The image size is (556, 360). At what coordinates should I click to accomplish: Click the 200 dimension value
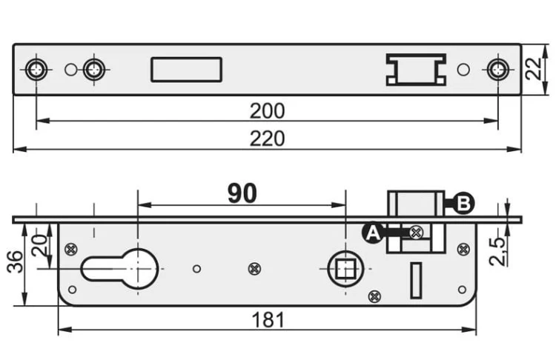267,111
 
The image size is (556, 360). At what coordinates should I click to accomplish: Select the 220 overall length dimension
267,139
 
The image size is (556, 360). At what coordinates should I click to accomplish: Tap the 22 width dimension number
534,68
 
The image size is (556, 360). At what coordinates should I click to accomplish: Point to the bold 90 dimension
242,193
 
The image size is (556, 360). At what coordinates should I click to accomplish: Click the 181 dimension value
268,320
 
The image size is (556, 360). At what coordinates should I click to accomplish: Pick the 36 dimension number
16,261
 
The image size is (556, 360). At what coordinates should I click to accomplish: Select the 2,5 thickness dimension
497,252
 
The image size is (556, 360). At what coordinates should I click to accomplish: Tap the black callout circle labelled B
464,204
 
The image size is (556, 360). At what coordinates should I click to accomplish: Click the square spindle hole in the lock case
345,269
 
